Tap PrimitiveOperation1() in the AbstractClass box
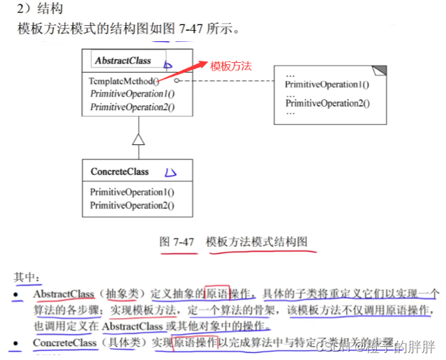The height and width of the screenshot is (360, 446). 132,93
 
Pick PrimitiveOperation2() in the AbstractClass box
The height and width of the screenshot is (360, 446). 132,107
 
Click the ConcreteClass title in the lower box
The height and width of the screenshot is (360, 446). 119,171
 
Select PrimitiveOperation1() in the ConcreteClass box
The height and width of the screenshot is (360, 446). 132,192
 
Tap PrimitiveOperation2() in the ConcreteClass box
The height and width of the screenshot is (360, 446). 132,205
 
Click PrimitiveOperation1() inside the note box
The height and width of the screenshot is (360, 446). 327,85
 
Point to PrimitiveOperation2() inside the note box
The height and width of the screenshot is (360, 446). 327,103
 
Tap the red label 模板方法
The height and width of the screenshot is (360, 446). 230,66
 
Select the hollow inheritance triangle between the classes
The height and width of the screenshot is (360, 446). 139,139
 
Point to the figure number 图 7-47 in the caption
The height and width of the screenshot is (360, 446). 177,242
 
